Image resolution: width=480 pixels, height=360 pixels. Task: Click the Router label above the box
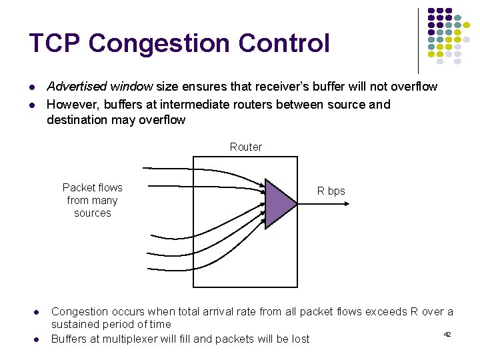click(x=246, y=147)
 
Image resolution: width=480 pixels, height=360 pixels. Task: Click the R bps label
click(x=331, y=191)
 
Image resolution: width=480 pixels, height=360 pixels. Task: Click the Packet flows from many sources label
click(x=93, y=200)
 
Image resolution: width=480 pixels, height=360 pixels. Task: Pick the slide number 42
click(x=447, y=333)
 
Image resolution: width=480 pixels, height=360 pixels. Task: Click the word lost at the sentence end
click(x=299, y=339)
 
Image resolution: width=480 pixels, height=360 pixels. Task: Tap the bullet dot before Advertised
click(x=31, y=87)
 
